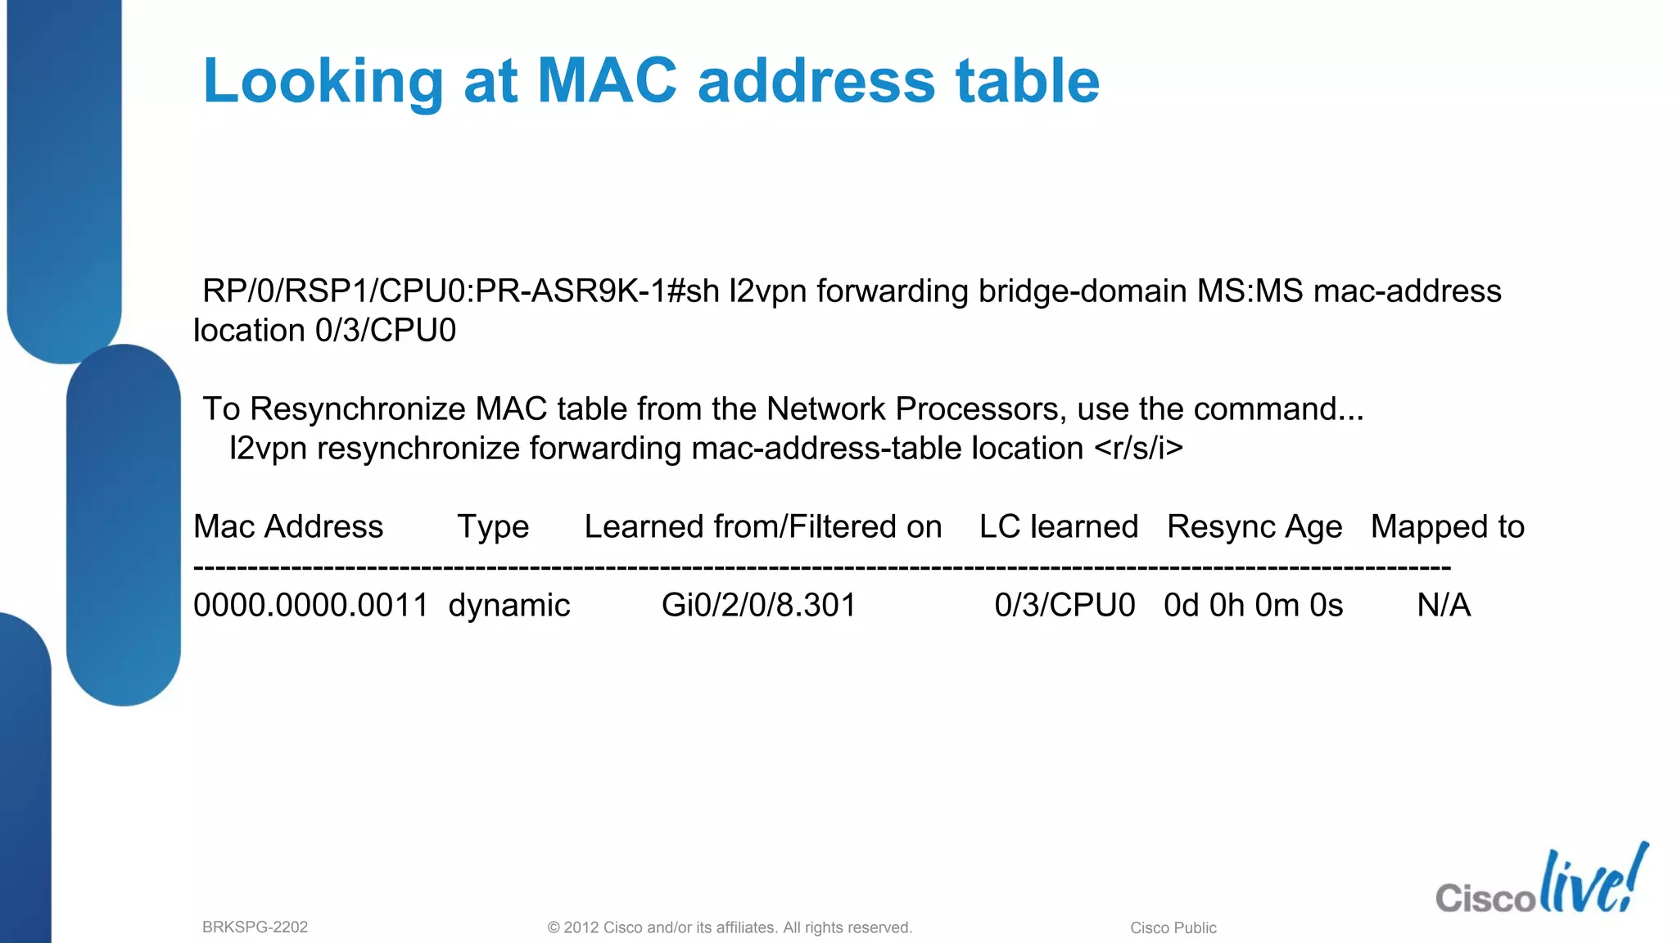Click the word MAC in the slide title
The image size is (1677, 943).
click(607, 81)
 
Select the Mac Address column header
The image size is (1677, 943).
click(288, 526)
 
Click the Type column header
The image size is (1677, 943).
click(493, 526)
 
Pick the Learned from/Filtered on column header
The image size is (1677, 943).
click(763, 526)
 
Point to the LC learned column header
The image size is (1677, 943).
click(1059, 526)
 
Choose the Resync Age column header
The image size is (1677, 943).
click(1254, 526)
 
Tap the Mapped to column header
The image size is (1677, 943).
click(1448, 526)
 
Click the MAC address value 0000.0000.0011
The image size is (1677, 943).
click(311, 605)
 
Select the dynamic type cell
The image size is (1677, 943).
click(509, 605)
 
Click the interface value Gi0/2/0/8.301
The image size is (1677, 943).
click(758, 605)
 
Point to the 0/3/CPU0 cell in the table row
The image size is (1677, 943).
click(1065, 605)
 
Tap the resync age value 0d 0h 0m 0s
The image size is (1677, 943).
click(1254, 605)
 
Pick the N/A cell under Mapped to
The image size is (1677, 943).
click(1444, 605)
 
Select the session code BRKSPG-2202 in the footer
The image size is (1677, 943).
click(255, 927)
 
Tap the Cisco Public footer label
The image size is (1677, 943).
click(1173, 927)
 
